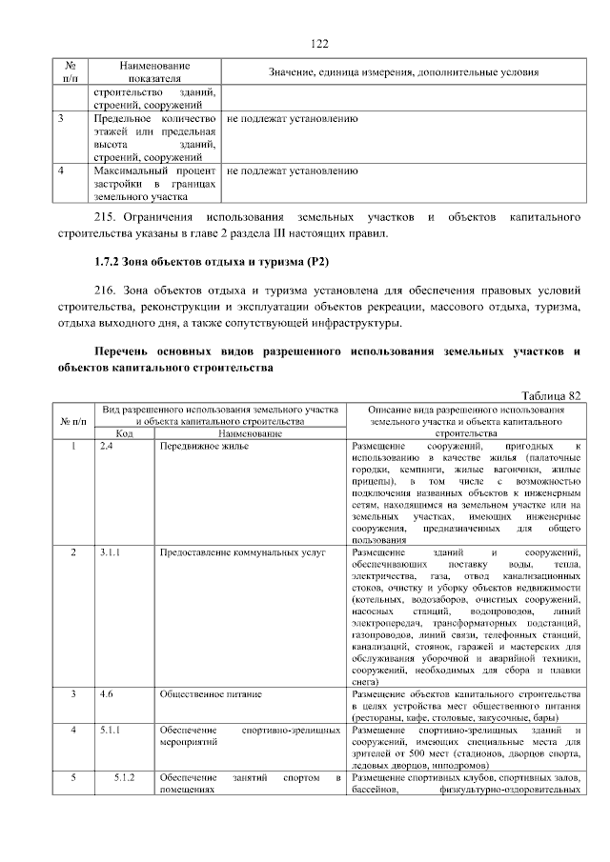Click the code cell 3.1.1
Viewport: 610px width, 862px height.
pos(110,551)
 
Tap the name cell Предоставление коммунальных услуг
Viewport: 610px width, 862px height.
pos(243,551)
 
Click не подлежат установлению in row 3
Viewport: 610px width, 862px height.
pos(292,119)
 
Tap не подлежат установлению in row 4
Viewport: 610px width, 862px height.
pos(292,171)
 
